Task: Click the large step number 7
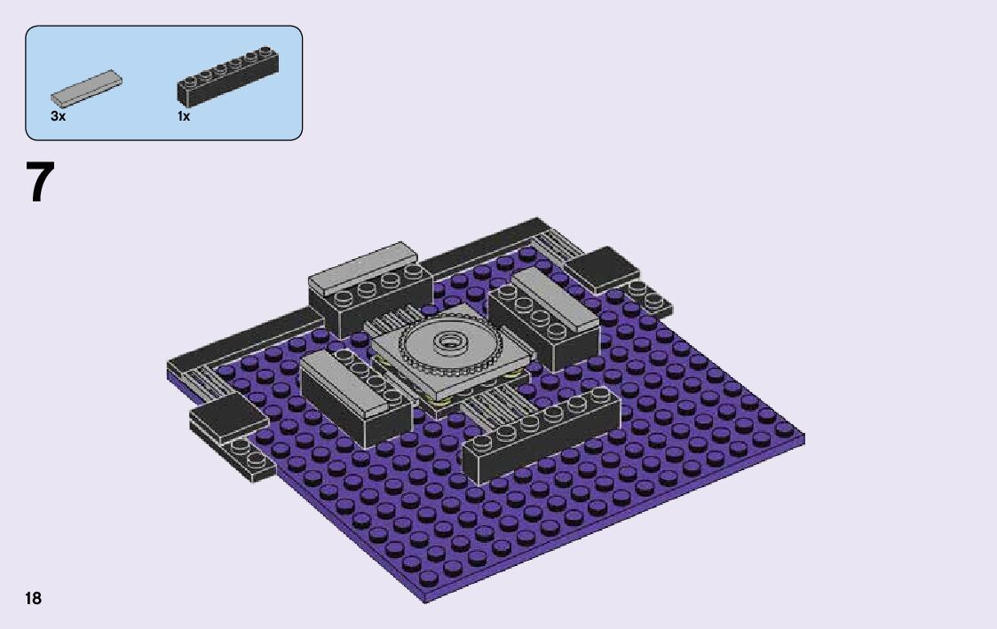(x=40, y=182)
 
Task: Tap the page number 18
(x=33, y=599)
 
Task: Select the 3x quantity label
(x=58, y=116)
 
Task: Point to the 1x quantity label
(x=184, y=116)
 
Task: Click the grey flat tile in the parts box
(x=86, y=89)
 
